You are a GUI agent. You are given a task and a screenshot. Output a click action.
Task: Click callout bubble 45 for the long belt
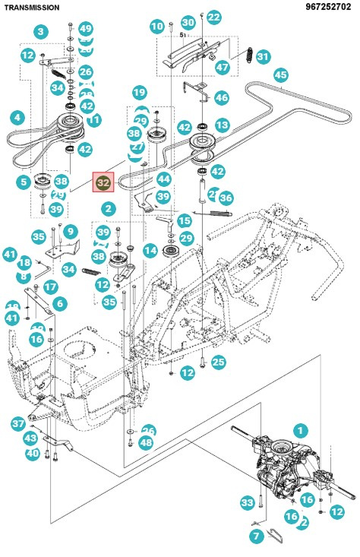click(x=281, y=74)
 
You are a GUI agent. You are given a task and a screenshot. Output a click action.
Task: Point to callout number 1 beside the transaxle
click(x=301, y=431)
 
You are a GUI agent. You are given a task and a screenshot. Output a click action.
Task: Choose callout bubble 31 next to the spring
click(x=263, y=56)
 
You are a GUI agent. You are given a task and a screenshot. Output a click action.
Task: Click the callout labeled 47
click(x=222, y=67)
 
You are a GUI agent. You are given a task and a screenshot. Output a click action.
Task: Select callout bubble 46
click(x=221, y=97)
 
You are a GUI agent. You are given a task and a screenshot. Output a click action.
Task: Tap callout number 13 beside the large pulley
click(x=222, y=125)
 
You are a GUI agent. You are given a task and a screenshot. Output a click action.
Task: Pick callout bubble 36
click(x=226, y=198)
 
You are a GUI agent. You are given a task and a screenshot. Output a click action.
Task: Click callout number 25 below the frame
click(x=218, y=362)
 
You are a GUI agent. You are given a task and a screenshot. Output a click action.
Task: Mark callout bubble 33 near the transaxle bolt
click(x=247, y=502)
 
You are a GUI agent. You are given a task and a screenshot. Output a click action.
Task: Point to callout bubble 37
click(x=18, y=423)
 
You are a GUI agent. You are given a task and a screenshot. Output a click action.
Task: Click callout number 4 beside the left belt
click(x=17, y=119)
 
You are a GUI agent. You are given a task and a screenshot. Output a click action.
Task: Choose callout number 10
click(x=157, y=27)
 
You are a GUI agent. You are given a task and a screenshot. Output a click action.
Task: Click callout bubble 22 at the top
click(x=214, y=17)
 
